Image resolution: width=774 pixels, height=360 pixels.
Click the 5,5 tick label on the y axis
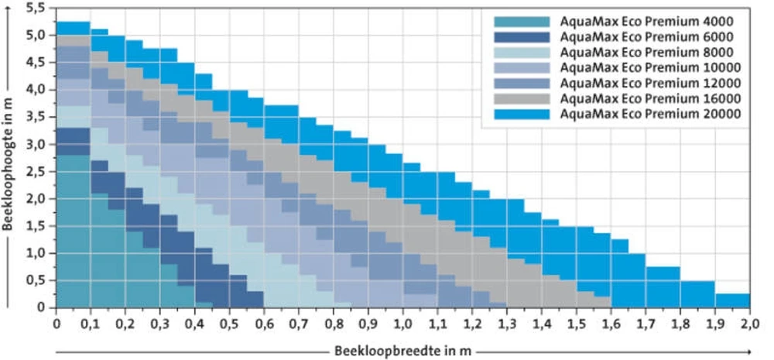[x=36, y=8]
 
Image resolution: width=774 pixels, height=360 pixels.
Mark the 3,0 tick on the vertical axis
[x=36, y=144]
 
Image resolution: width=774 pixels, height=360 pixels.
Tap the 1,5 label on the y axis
[x=36, y=226]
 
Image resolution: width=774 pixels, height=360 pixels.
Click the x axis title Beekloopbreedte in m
[x=402, y=350]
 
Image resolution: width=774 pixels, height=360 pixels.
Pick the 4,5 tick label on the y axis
[x=36, y=62]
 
